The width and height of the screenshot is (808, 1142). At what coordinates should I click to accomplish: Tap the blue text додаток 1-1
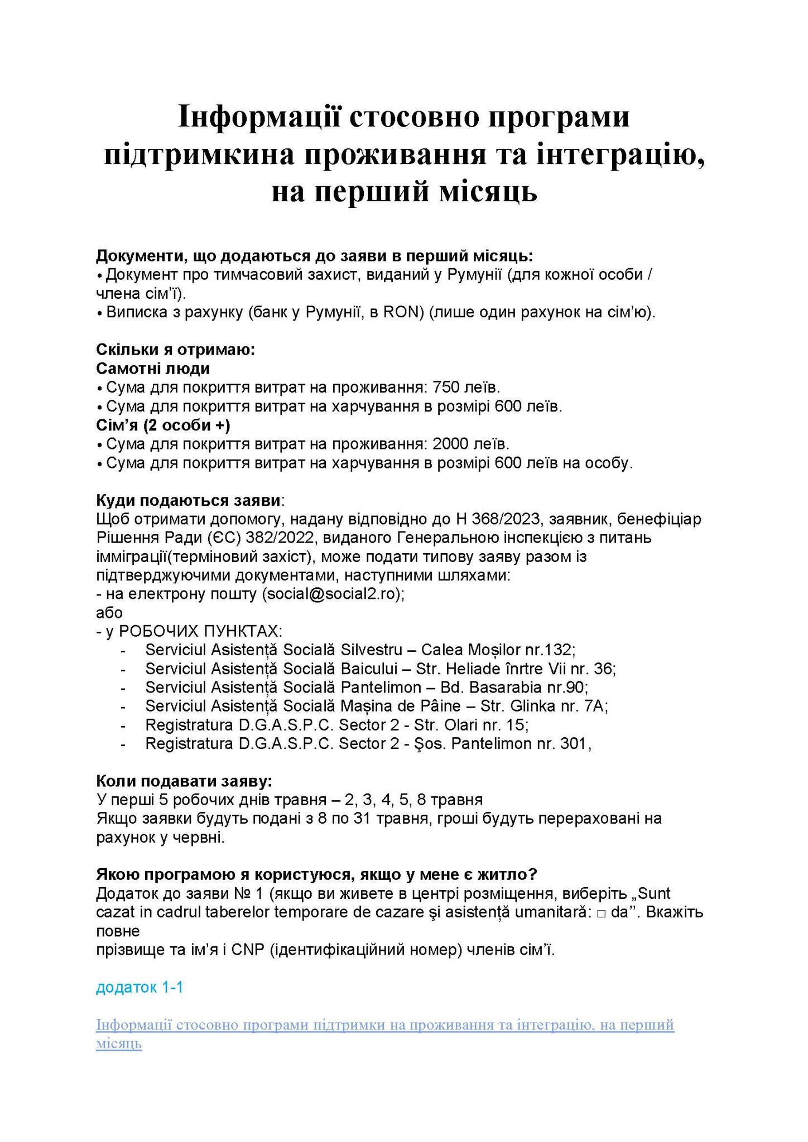[x=140, y=987]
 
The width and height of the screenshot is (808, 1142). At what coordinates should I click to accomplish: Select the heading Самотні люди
[x=153, y=369]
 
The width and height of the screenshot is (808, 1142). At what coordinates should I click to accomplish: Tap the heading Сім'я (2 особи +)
[x=163, y=425]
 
